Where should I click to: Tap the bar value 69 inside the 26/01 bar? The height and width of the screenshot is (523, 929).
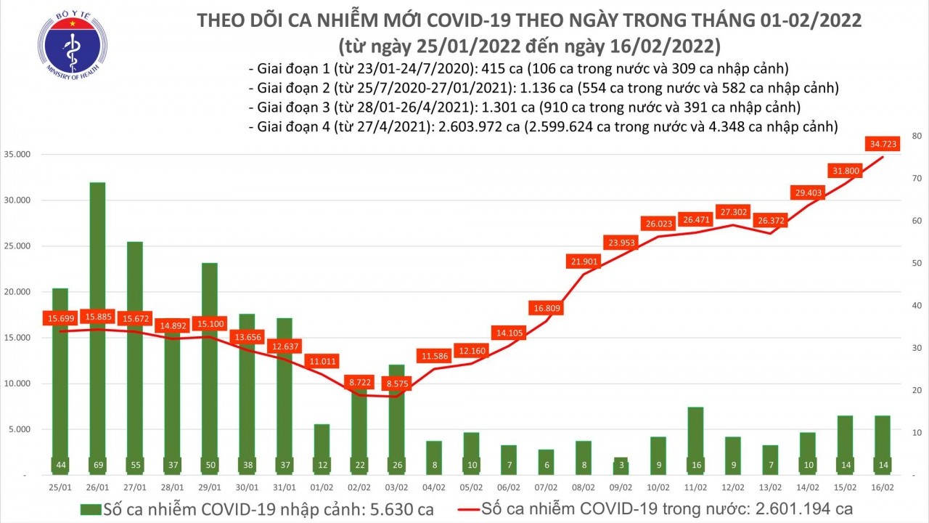point(97,465)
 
